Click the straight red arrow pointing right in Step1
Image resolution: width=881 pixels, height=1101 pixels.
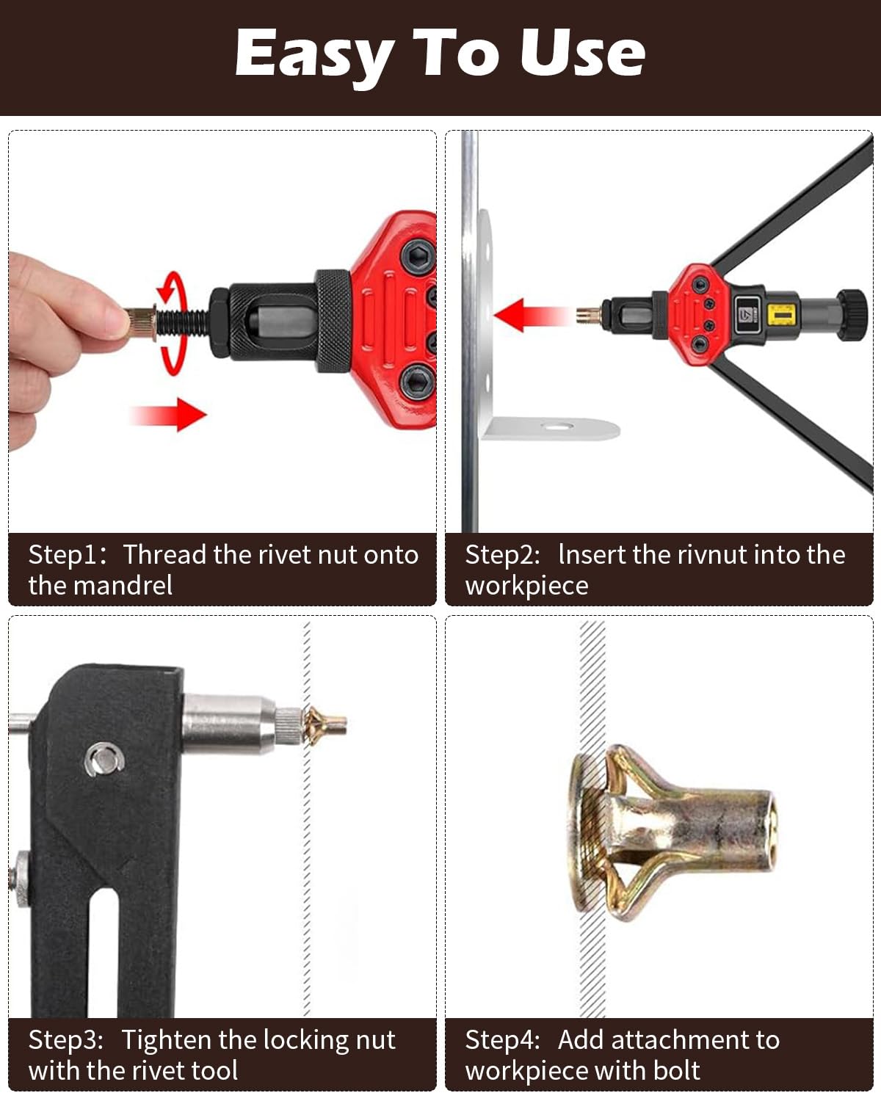(x=168, y=414)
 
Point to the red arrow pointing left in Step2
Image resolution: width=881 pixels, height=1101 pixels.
(x=532, y=315)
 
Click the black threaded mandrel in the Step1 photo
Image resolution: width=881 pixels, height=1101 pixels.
(x=183, y=322)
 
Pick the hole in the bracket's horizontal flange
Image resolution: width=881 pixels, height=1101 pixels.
(x=557, y=425)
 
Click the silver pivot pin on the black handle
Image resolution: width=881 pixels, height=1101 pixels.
(x=104, y=758)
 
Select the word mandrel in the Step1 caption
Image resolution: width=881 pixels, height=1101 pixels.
(x=123, y=586)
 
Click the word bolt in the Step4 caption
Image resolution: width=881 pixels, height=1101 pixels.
(x=675, y=1070)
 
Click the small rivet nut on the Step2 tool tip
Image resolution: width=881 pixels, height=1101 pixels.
(x=589, y=315)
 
